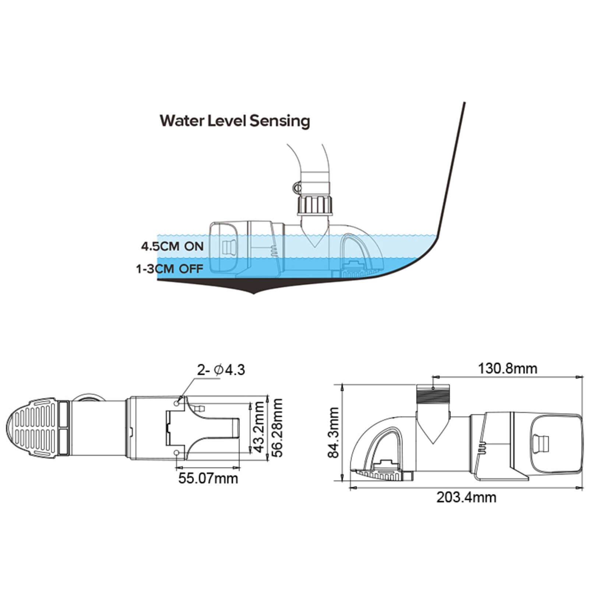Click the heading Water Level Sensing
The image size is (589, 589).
click(x=234, y=121)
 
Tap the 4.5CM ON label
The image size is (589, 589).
click(x=172, y=246)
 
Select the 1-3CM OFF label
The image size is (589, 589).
click(x=170, y=269)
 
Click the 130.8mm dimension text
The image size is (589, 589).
click(x=507, y=368)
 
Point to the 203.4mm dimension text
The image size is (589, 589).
click(x=466, y=497)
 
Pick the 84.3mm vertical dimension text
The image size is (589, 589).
click(x=334, y=433)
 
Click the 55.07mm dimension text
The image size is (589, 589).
click(x=208, y=478)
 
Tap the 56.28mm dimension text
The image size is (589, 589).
click(x=277, y=428)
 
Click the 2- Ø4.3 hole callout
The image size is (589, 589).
click(x=221, y=370)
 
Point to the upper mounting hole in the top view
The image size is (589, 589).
click(x=177, y=404)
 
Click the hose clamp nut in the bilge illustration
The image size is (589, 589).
click(x=297, y=188)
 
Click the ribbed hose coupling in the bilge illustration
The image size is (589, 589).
click(x=315, y=205)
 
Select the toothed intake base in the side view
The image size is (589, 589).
click(x=381, y=475)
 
